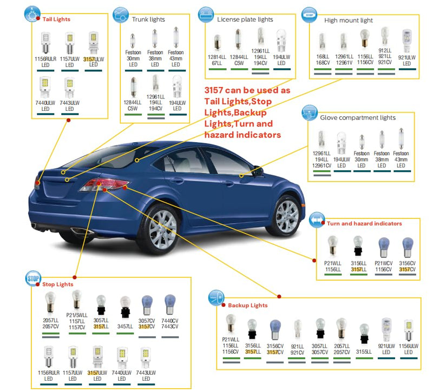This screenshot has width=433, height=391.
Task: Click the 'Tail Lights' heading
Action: click(x=56, y=19)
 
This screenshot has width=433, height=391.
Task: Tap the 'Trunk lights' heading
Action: click(x=148, y=19)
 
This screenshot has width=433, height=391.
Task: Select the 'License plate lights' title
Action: click(x=245, y=19)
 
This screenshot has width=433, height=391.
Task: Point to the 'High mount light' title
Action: click(x=349, y=20)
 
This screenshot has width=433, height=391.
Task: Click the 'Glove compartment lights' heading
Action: click(x=358, y=117)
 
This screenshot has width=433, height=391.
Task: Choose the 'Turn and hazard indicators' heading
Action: click(x=364, y=223)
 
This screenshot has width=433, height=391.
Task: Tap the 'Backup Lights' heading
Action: click(x=248, y=305)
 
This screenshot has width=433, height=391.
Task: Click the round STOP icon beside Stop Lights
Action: click(x=33, y=279)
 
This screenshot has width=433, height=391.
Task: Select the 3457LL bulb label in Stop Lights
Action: click(x=125, y=327)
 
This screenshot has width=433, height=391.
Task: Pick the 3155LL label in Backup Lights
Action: click(x=364, y=352)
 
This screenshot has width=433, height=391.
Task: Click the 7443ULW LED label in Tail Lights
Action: click(x=70, y=106)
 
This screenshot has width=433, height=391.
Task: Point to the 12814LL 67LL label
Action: click(x=217, y=60)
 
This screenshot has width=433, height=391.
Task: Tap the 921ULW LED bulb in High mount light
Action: click(x=407, y=41)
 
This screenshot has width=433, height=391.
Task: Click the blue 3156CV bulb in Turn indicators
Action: click(x=408, y=247)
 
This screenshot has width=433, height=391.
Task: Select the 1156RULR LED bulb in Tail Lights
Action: click(x=46, y=43)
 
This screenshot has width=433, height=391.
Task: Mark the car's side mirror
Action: click(x=258, y=170)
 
